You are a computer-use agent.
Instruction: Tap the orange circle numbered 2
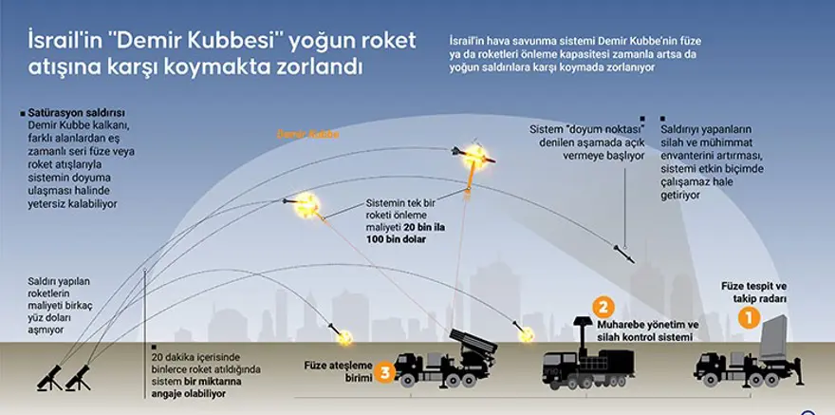(601, 307)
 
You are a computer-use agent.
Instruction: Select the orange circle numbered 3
(384, 371)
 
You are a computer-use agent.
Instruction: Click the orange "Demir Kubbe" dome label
(307, 135)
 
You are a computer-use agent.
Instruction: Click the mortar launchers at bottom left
(65, 371)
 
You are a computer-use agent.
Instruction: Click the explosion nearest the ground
(345, 336)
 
